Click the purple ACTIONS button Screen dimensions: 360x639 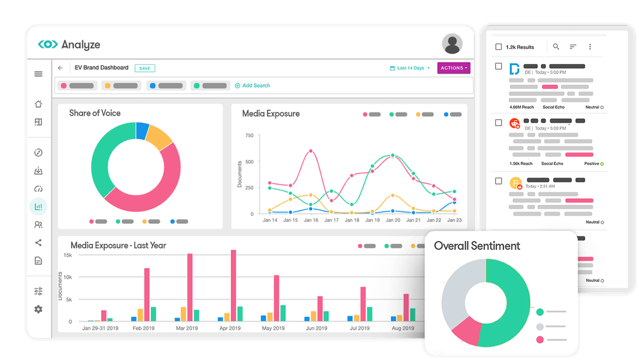click(x=454, y=68)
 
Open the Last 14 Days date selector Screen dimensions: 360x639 click(x=410, y=68)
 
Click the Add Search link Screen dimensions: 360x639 click(x=253, y=86)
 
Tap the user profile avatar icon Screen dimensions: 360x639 click(x=452, y=44)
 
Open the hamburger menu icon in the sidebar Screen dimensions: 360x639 click(x=38, y=74)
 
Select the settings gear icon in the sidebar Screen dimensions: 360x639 click(x=38, y=309)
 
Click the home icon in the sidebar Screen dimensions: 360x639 click(x=38, y=104)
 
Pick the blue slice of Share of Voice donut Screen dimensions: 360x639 click(x=142, y=130)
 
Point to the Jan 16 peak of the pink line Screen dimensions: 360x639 click(x=311, y=151)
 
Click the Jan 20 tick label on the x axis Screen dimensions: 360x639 click(x=393, y=220)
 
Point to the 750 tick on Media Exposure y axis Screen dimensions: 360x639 click(x=249, y=136)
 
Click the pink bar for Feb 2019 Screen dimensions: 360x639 click(x=147, y=294)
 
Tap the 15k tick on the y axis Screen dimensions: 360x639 click(x=67, y=255)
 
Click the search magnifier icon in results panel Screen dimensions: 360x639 click(x=556, y=47)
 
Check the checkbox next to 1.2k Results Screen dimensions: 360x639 click(x=498, y=47)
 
